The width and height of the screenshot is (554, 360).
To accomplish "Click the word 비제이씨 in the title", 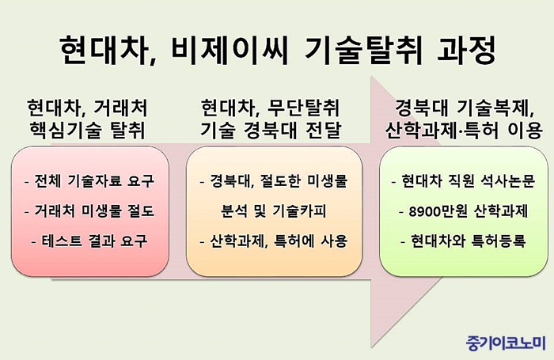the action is pos(227,50).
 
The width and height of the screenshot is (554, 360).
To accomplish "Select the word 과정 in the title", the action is pos(466,50).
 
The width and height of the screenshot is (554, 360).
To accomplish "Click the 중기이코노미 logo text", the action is pos(505,343).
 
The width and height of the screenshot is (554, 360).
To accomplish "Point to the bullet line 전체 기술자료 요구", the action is pos(89,181).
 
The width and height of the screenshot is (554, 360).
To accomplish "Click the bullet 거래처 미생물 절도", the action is pos(89,211).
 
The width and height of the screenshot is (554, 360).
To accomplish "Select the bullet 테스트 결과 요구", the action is pos(89,241).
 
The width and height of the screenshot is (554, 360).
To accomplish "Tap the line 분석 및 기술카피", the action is pos(274,211).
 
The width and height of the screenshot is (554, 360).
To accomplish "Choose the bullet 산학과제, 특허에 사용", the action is pos(274,241).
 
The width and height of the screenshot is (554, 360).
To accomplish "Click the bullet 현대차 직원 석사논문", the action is pos(463,181).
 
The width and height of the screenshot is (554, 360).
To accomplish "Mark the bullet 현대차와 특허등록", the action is pos(463,241).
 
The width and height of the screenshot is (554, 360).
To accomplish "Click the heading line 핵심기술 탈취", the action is pos(87,130).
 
